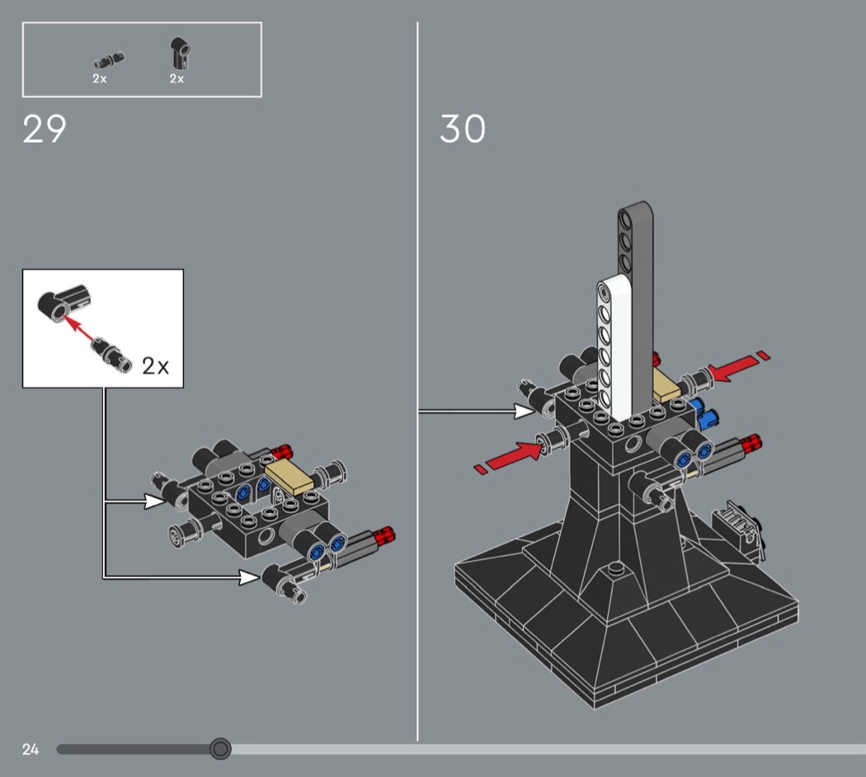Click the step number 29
45,129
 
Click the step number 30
463,129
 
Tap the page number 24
31,750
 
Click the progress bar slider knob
220,749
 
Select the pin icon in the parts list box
110,59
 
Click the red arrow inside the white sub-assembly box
78,328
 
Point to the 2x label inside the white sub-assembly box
155,365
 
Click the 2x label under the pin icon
100,79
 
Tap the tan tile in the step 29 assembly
289,478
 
